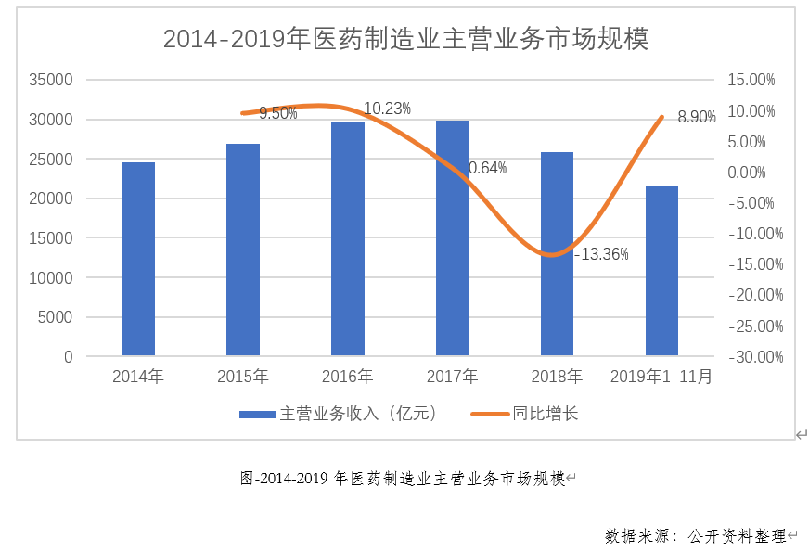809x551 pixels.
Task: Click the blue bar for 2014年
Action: coord(138,259)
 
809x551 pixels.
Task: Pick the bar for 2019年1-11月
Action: coord(661,270)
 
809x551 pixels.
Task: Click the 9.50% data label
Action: coord(278,113)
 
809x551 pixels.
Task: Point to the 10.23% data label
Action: coord(387,109)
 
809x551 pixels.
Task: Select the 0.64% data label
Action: coord(488,168)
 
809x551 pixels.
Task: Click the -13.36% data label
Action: coord(601,254)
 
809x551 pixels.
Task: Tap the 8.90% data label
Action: coord(697,117)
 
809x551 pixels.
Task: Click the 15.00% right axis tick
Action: coord(751,81)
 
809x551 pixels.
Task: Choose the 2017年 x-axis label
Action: coord(452,378)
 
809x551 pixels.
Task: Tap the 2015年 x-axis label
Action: coord(243,378)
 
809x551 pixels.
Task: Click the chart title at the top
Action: coord(405,39)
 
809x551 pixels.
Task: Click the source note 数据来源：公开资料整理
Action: coord(695,535)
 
